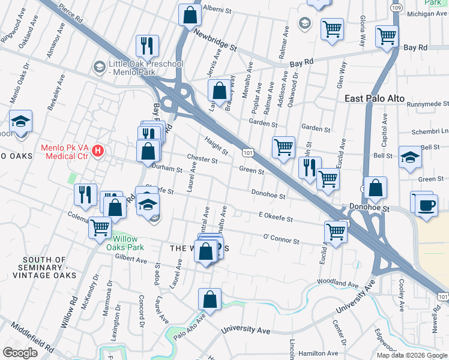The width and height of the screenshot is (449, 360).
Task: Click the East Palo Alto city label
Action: click(375, 98)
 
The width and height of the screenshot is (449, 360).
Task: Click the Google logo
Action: click(20, 353)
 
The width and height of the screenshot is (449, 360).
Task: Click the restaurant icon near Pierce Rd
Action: click(146, 46)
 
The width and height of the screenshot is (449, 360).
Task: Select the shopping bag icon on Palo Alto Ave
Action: click(209, 299)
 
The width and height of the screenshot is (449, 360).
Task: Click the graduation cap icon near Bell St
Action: click(410, 158)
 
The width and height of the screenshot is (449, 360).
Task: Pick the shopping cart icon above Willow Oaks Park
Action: click(100, 227)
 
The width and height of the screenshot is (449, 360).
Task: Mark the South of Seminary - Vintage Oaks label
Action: click(43, 268)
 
